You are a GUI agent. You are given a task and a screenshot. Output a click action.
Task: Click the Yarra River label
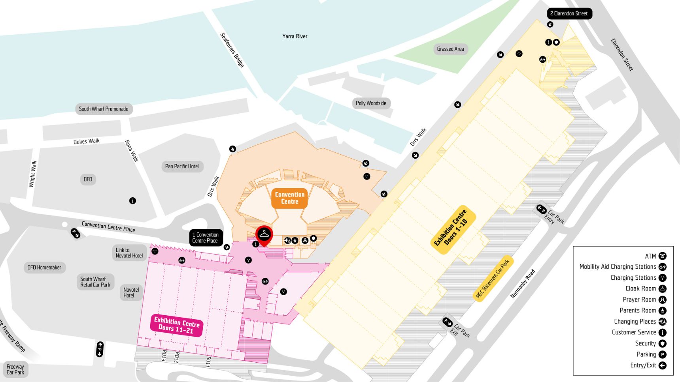coord(295,36)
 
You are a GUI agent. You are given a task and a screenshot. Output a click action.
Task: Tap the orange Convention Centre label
coord(290,198)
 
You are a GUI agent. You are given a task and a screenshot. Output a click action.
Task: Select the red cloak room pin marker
coord(264,234)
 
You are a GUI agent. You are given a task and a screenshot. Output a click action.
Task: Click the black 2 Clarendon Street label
coord(569,13)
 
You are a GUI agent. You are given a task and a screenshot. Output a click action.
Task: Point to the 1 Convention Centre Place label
coord(206,238)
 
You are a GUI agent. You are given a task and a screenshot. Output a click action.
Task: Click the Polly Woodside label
coord(371,103)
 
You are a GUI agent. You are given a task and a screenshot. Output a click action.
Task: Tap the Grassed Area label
coord(450,49)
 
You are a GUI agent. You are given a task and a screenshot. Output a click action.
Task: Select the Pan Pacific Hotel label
coord(182,166)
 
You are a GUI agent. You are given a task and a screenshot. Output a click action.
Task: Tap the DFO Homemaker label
coord(44,267)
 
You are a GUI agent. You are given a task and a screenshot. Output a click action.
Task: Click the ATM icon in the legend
coord(662,256)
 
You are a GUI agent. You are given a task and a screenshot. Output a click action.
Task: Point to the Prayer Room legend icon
coord(662,300)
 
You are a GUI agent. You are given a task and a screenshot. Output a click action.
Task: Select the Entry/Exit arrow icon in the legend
coord(662,365)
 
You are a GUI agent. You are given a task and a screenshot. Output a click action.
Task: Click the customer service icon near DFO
coord(132,200)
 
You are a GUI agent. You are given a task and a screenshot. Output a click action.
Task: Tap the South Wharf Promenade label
coord(104,109)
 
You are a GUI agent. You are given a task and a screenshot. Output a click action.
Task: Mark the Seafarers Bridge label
coord(232,50)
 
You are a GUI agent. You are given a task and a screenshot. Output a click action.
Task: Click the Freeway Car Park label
coord(15,369)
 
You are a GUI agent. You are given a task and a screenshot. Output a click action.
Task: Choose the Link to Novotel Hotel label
coord(129,253)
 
